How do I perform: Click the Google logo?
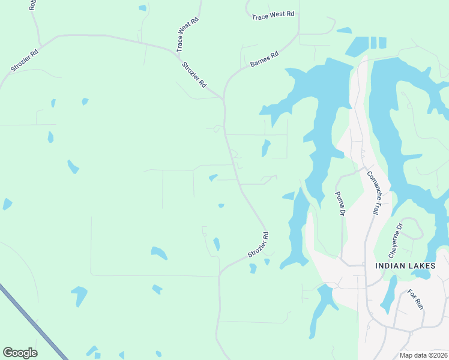click(x=20, y=353)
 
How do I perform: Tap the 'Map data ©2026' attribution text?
click(x=423, y=355)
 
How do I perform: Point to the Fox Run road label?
click(x=415, y=299)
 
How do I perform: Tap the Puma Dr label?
click(x=339, y=204)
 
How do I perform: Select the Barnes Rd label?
click(x=265, y=59)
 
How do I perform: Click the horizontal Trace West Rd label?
click(x=273, y=14)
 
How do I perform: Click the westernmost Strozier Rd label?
click(x=25, y=61)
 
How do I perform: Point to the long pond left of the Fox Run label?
click(x=389, y=294)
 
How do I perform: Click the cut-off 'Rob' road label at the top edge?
click(x=33, y=5)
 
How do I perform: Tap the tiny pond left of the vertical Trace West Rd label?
click(x=142, y=8)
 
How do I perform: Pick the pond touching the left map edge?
click(x=7, y=204)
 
